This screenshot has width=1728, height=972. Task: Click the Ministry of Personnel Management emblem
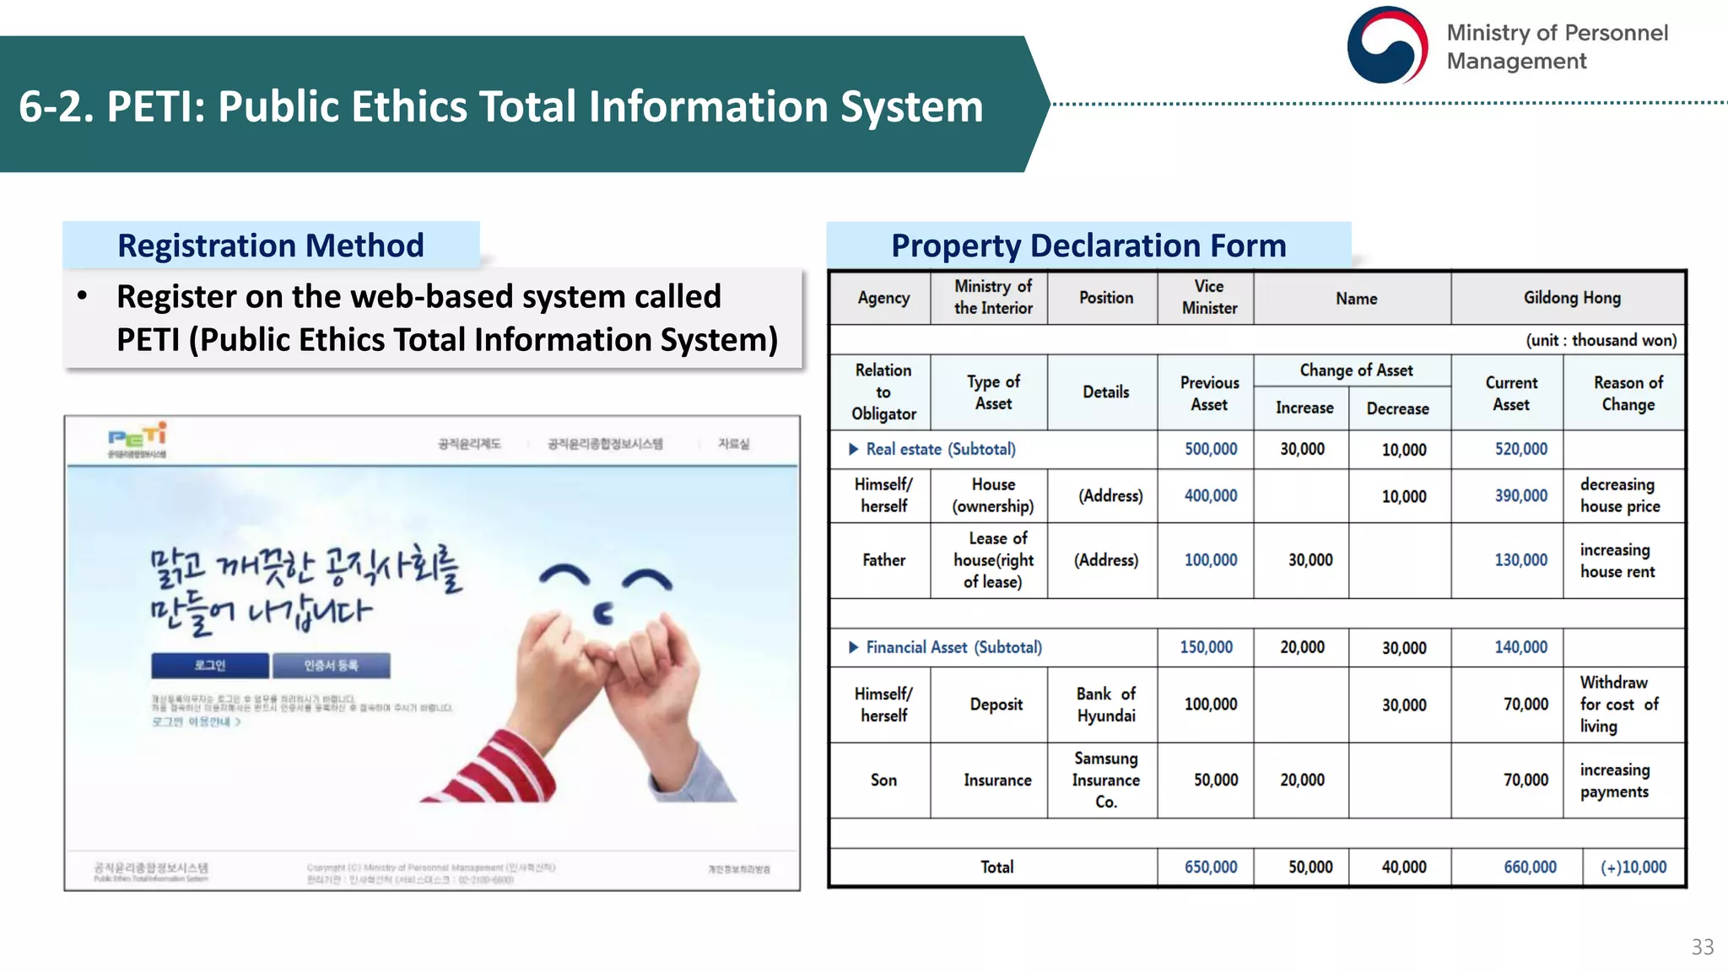(1387, 46)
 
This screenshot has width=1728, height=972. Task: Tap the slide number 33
(1702, 947)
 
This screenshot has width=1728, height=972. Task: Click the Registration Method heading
(270, 246)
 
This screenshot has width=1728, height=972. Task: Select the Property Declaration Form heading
(1088, 246)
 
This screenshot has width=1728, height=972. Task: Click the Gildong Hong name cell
(1571, 298)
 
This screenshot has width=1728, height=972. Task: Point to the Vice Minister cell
(1208, 298)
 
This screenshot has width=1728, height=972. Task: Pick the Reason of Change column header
(1628, 393)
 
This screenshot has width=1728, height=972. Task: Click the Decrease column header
(1397, 408)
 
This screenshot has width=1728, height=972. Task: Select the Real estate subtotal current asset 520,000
(1520, 449)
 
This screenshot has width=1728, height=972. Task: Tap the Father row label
(883, 560)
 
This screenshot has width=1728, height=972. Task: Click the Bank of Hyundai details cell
(1105, 705)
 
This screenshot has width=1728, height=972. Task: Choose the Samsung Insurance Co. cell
(1105, 780)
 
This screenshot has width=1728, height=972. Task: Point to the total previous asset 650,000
(1210, 867)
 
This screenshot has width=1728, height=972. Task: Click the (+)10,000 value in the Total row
(1633, 867)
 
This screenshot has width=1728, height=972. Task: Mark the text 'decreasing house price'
(1619, 495)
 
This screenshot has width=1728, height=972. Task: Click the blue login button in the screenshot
(210, 666)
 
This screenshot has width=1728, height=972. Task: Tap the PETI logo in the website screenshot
(138, 440)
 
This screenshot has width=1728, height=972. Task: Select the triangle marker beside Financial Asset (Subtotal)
(853, 647)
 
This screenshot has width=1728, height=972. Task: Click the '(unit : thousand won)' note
(1601, 340)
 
